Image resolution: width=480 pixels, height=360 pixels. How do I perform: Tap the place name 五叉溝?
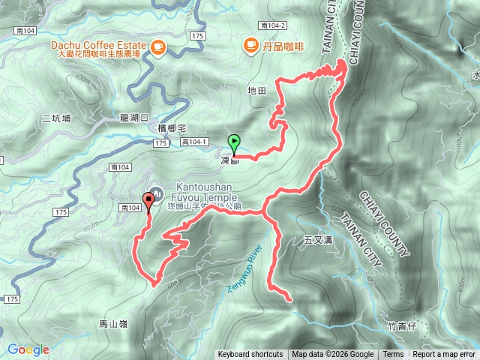318,241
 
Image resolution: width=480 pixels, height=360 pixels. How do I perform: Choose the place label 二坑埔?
56,118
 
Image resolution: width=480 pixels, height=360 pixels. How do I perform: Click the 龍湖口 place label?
135,118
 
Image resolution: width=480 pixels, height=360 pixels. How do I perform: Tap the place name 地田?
256,91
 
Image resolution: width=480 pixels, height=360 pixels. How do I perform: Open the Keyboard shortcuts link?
250,355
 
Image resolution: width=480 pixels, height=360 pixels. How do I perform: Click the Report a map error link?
445,355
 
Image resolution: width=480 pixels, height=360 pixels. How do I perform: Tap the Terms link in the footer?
393,355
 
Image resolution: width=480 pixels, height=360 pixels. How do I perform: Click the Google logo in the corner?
28,349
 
